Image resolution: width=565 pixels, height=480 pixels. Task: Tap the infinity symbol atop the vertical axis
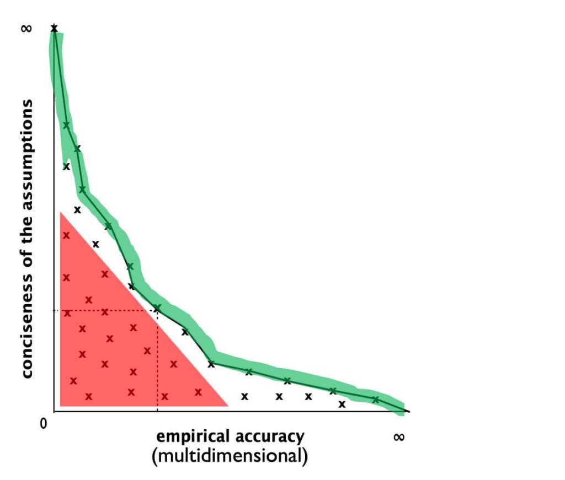coord(25,28)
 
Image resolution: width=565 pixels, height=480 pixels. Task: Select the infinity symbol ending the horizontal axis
coord(399,436)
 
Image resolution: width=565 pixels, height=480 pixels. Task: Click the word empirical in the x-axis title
coord(191,436)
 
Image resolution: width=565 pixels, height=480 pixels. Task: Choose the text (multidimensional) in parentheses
coord(229,456)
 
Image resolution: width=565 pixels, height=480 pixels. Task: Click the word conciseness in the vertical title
coord(26,325)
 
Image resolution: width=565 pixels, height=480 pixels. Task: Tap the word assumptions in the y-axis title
coord(26,145)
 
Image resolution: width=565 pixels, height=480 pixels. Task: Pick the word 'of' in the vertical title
coord(26,261)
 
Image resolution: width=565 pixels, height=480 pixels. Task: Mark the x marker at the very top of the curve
coord(54,28)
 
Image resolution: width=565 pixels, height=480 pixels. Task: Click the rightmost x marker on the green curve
coord(375,400)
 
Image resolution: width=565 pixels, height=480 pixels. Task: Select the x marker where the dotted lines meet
coord(157,308)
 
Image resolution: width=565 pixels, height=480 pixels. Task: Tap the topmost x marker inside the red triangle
coord(66,235)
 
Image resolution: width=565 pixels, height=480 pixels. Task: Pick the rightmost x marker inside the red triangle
coord(198,392)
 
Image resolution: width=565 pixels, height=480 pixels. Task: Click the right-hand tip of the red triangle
coord(227,405)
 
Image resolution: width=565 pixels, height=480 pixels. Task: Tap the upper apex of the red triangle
coord(61,213)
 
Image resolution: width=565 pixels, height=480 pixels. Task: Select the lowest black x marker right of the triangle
coord(342,405)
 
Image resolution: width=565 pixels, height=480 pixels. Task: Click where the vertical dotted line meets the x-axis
coord(157,412)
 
